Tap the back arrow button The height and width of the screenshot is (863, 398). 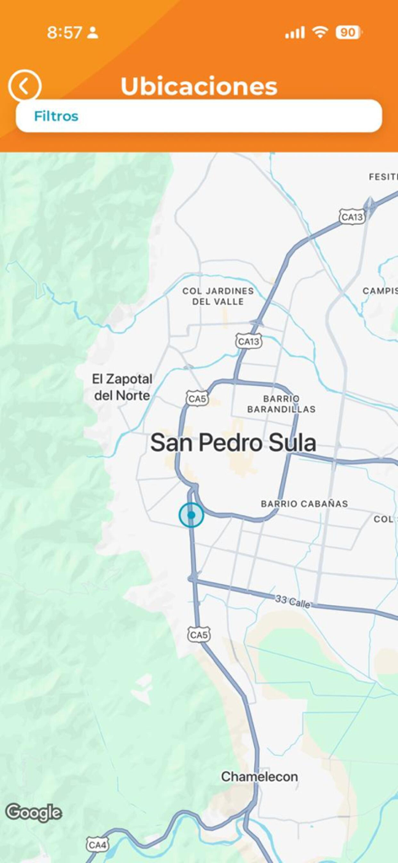click(25, 86)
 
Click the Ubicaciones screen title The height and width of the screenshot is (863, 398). click(199, 86)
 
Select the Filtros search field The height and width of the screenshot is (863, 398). click(199, 116)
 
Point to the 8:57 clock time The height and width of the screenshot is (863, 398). click(65, 33)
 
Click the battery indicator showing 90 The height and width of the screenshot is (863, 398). click(348, 33)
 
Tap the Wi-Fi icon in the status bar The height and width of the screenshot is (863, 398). click(320, 33)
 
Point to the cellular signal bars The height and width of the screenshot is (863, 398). click(295, 33)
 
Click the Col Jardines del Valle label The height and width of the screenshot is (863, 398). click(218, 296)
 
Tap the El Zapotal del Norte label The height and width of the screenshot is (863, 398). click(122, 388)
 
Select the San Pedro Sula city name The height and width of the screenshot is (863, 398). click(233, 443)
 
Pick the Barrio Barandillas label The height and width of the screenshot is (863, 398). click(281, 404)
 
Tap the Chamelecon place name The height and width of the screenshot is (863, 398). click(259, 776)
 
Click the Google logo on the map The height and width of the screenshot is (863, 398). click(34, 812)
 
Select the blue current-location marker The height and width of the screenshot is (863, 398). click(192, 514)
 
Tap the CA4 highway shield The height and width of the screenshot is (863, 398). click(98, 844)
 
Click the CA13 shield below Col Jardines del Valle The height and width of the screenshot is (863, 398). click(249, 341)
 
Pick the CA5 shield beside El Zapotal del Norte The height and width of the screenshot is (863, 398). click(198, 398)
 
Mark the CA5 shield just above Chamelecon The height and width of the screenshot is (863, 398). click(199, 635)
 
